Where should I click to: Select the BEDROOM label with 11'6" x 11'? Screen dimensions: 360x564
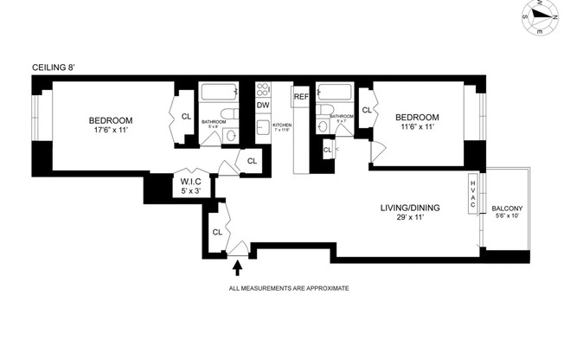click(x=417, y=118)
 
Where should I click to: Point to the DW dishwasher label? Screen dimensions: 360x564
click(x=263, y=106)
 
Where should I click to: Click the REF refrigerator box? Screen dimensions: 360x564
click(x=301, y=97)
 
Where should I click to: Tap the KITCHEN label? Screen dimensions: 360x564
click(x=283, y=125)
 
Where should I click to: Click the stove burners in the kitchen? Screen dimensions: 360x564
click(x=264, y=89)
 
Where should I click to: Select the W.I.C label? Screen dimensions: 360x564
click(x=191, y=181)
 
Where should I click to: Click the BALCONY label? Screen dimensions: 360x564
click(x=507, y=209)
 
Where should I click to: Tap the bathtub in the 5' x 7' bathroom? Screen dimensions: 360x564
click(x=333, y=91)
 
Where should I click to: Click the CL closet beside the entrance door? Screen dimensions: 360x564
click(x=217, y=231)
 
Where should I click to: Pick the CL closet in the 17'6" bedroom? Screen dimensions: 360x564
click(x=185, y=118)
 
